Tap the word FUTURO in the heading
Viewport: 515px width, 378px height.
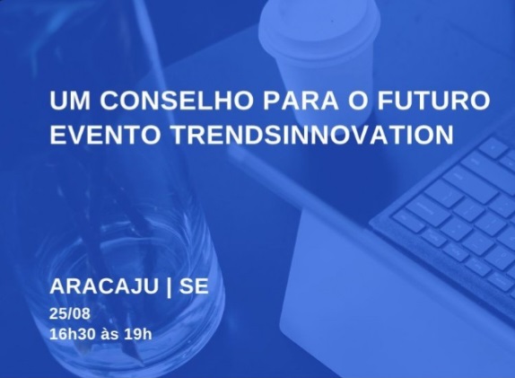pos(433,100)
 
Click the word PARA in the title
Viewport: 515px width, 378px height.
pos(301,100)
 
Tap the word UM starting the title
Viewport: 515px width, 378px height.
pos(70,100)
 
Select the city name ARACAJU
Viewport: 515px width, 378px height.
pos(104,286)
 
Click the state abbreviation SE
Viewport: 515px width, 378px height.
pos(194,286)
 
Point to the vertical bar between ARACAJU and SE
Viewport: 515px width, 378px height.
pos(169,286)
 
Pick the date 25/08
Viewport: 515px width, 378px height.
pos(70,313)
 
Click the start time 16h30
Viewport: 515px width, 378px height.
pos(73,334)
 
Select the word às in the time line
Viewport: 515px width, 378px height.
pos(109,334)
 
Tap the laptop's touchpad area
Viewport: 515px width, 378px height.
pos(378,295)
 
